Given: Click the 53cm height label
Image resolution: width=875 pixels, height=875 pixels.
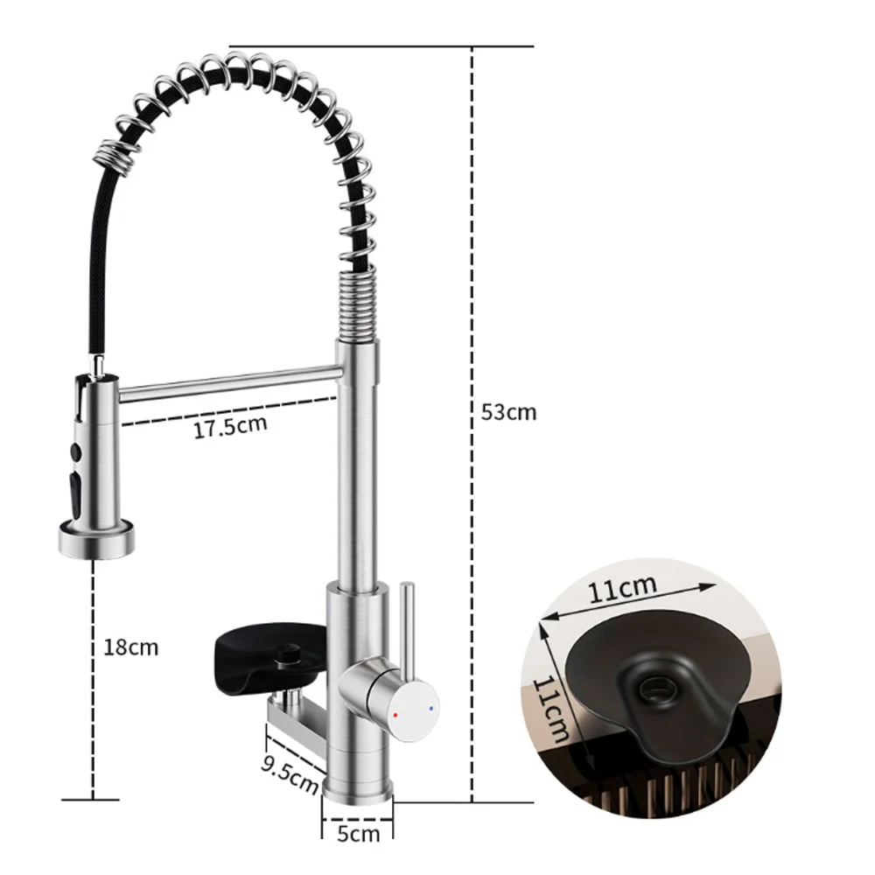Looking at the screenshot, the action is [508, 412].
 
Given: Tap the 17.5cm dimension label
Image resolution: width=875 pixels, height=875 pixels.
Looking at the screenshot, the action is [230, 426].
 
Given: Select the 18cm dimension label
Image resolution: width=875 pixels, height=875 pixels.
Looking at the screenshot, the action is [131, 647].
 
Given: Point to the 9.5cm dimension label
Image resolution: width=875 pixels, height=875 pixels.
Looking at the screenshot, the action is [290, 775].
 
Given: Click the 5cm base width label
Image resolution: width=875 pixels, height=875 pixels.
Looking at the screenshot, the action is [358, 834].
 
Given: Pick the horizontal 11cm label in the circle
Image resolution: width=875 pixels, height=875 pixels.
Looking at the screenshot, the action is [623, 588].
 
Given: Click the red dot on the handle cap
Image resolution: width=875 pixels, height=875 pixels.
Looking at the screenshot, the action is [395, 714].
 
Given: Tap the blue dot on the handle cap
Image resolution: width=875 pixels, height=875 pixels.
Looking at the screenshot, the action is [430, 708].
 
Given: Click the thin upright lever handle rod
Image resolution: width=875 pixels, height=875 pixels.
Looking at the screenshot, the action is [408, 620].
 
